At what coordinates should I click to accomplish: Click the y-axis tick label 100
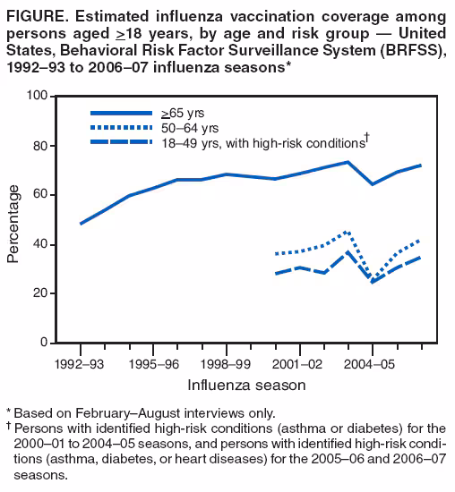point(37,96)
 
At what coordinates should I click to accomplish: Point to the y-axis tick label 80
point(40,146)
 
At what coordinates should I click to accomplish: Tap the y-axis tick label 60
point(40,195)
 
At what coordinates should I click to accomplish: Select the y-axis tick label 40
point(40,244)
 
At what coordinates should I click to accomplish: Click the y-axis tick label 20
point(40,293)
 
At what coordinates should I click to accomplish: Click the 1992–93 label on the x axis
point(81,364)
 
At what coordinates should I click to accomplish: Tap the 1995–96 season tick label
point(154,364)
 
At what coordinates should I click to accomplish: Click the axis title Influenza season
point(246,385)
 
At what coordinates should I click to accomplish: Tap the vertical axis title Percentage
point(13,224)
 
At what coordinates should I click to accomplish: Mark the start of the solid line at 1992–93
point(81,223)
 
